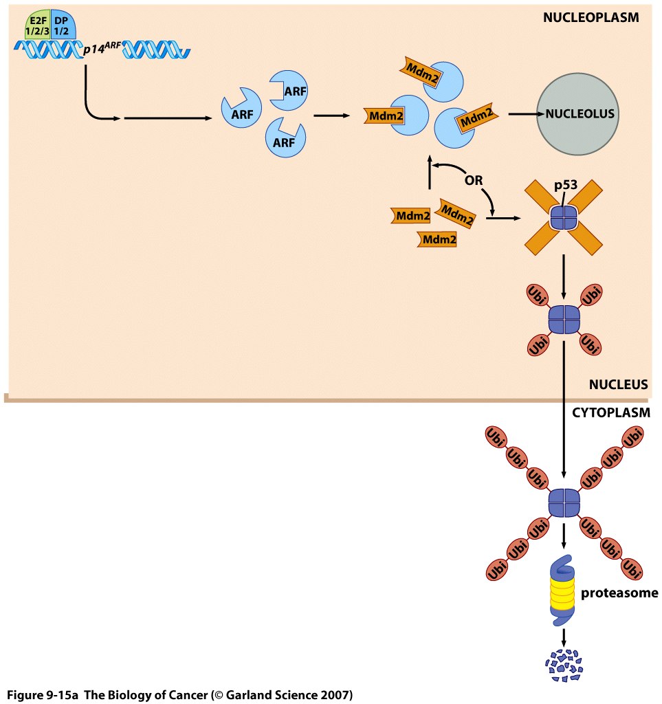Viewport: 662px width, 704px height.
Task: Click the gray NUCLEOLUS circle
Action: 579,113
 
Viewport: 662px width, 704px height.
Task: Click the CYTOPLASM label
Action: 606,413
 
